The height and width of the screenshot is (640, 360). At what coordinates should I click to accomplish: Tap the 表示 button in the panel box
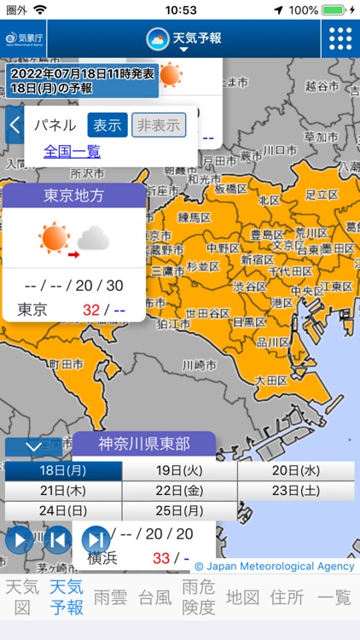[x=107, y=125]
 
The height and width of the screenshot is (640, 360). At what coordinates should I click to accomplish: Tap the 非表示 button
[x=159, y=125]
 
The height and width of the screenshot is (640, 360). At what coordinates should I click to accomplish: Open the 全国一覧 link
[x=72, y=151]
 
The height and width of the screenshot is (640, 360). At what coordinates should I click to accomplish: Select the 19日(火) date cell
[x=179, y=470]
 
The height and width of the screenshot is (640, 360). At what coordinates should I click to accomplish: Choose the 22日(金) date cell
[x=179, y=491]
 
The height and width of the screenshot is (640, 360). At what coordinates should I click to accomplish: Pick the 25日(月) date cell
[x=179, y=510]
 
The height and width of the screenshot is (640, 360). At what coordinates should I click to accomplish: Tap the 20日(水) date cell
[x=296, y=470]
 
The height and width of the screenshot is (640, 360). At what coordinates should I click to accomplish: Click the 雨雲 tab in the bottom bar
[x=110, y=596]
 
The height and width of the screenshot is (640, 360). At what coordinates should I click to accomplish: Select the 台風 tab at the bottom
[x=154, y=596]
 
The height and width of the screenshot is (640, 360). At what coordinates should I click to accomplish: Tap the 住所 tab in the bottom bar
[x=287, y=596]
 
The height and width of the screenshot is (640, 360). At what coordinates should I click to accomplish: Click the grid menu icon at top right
[x=340, y=38]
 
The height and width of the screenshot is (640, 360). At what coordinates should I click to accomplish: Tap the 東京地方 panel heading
[x=74, y=195]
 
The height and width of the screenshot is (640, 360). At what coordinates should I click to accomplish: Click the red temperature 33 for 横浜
[x=160, y=558]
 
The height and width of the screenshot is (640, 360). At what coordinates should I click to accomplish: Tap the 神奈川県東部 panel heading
[x=144, y=444]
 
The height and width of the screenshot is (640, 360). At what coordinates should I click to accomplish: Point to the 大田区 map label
[x=272, y=379]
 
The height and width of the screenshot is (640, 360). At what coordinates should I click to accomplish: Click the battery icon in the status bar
[x=334, y=9]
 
